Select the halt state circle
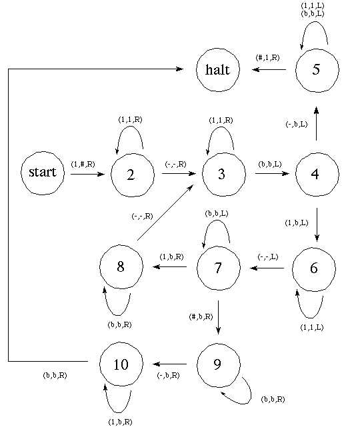[x=218, y=69]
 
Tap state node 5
[x=317, y=69]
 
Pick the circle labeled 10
[x=121, y=364]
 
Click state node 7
[x=219, y=268]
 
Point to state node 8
[x=121, y=268]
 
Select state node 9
[x=219, y=364]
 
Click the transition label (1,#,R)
[x=83, y=164]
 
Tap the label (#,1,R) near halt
[x=269, y=57]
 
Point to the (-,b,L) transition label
[x=296, y=124]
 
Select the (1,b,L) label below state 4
[x=296, y=222]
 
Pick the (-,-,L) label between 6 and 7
[x=269, y=257]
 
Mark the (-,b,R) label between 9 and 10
[x=168, y=376]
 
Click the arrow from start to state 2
[x=87, y=175]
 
